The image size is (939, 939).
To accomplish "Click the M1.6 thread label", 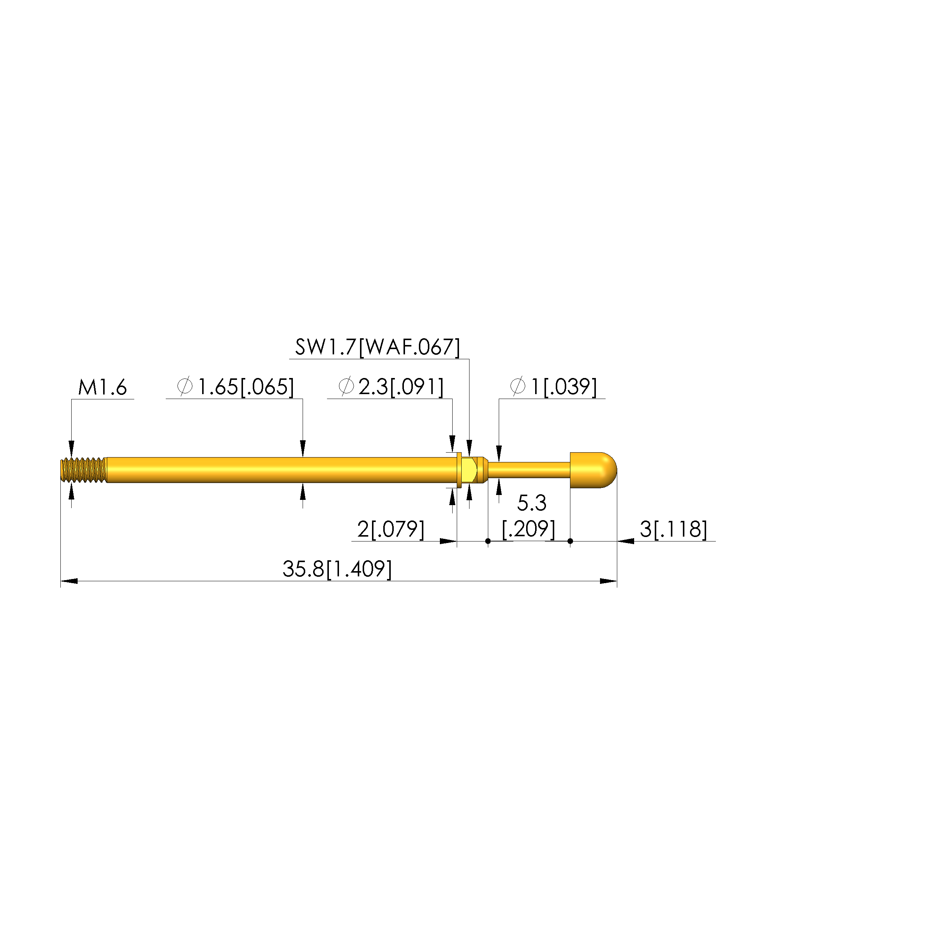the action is (x=102, y=388).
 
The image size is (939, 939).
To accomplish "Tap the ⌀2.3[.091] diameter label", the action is (x=391, y=387).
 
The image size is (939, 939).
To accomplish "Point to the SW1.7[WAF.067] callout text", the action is (x=378, y=347).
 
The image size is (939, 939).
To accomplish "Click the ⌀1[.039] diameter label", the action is (x=553, y=387).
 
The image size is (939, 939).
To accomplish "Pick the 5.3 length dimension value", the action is (x=532, y=503).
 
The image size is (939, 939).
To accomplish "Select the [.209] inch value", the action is (x=529, y=529).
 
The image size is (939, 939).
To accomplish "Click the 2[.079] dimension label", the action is (x=391, y=529).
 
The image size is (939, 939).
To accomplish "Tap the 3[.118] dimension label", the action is (x=673, y=529).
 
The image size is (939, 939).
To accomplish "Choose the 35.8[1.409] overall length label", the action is (x=337, y=568).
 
